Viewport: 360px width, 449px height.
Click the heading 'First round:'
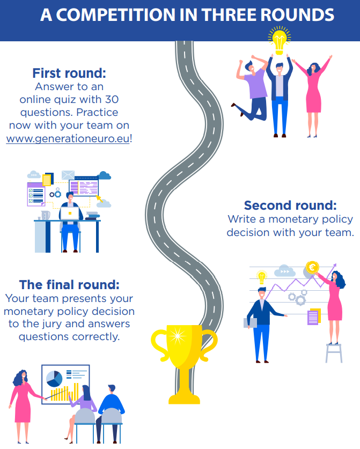pyautogui.click(x=69, y=73)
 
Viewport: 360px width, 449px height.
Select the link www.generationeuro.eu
pyautogui.click(x=68, y=138)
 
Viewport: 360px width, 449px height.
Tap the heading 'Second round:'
pyautogui.click(x=290, y=205)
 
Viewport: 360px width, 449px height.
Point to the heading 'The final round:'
pyautogui.click(x=69, y=284)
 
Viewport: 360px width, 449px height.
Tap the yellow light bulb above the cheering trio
pyautogui.click(x=278, y=40)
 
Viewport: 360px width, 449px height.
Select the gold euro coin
pyautogui.click(x=312, y=267)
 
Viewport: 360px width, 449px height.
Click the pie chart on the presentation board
pyautogui.click(x=55, y=379)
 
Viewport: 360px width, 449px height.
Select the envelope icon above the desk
pyautogui.click(x=68, y=175)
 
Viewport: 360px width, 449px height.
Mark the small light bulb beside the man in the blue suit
pyautogui.click(x=262, y=277)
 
